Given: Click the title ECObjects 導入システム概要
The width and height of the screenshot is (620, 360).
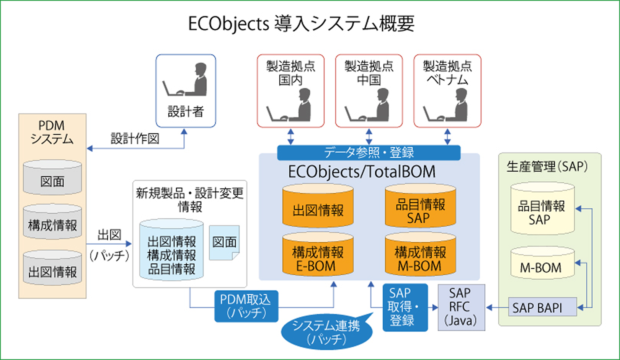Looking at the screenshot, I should click(301, 24).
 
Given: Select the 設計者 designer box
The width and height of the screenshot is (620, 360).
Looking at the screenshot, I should click(186, 91).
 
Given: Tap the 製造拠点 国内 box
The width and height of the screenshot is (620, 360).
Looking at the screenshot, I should click(290, 91).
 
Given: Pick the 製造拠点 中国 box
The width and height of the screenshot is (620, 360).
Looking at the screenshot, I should click(369, 91).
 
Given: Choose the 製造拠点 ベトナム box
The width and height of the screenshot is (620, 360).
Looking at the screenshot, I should click(447, 91).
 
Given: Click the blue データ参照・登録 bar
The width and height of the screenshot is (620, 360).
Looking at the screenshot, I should click(369, 152).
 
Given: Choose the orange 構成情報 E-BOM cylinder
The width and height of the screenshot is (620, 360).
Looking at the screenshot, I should click(318, 255).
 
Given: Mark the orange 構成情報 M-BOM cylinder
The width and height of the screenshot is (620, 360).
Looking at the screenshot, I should click(420, 255).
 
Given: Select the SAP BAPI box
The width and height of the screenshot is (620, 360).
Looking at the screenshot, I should click(542, 307).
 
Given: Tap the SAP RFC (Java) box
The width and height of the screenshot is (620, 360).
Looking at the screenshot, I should click(461, 308).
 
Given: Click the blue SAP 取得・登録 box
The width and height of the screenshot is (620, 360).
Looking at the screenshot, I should click(405, 308).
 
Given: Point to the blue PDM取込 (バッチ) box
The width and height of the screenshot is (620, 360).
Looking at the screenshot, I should click(246, 306).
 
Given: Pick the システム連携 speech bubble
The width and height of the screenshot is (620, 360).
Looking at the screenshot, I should click(326, 332).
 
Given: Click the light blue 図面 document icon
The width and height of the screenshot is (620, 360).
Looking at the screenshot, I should click(224, 243).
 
